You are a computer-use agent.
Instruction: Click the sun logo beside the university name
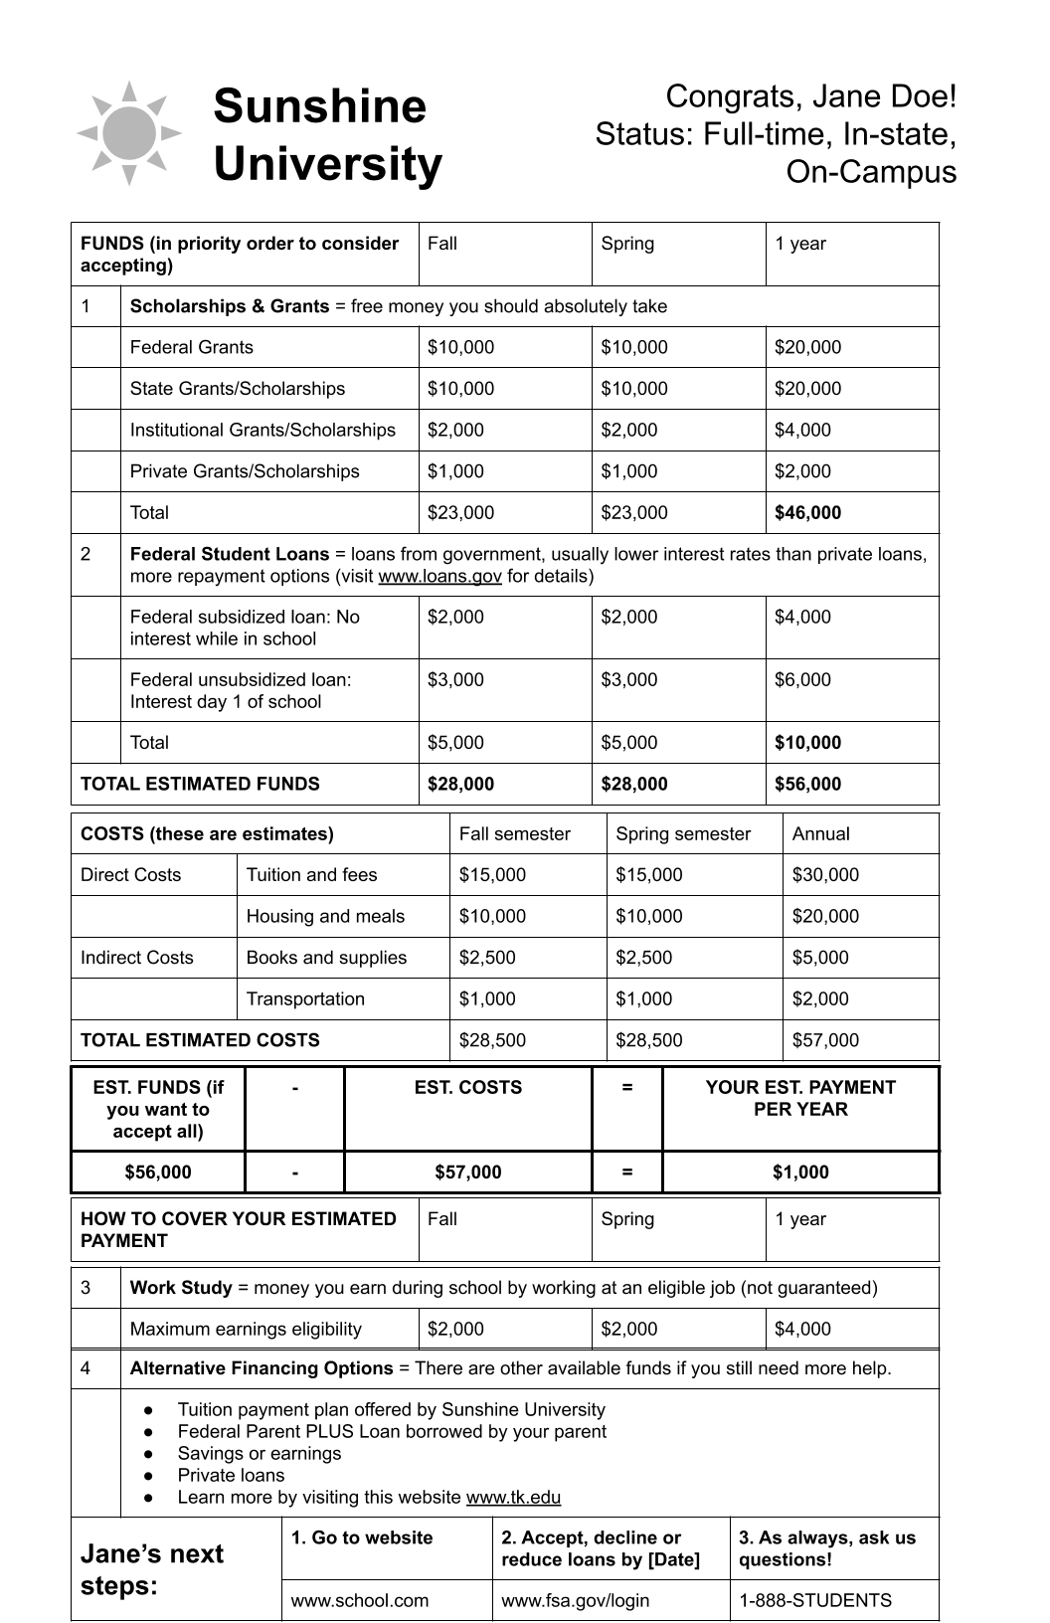pyautogui.click(x=129, y=133)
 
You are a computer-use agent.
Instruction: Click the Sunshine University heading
pyautogui.click(x=327, y=135)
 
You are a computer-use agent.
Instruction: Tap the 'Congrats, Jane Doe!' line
pyautogui.click(x=810, y=96)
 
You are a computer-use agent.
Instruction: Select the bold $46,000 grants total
pyautogui.click(x=807, y=513)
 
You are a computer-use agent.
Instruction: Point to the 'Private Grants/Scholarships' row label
pyautogui.click(x=245, y=471)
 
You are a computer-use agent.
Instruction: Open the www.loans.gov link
pyautogui.click(x=439, y=577)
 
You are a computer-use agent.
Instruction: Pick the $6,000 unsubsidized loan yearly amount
pyautogui.click(x=802, y=680)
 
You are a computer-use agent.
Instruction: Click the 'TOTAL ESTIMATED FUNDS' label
pyautogui.click(x=200, y=784)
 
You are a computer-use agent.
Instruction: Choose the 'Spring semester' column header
pyautogui.click(x=683, y=834)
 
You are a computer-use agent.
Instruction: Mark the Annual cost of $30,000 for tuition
pyautogui.click(x=825, y=875)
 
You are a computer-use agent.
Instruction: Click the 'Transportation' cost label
pyautogui.click(x=305, y=999)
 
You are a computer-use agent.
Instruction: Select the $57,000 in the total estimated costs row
pyautogui.click(x=825, y=1040)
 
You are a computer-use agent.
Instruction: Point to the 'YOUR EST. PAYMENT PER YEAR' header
pyautogui.click(x=800, y=1099)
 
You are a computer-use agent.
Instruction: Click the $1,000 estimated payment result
pyautogui.click(x=800, y=1172)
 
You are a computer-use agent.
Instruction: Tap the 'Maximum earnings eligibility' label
pyautogui.click(x=246, y=1330)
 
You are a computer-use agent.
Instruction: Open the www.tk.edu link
pyautogui.click(x=513, y=1498)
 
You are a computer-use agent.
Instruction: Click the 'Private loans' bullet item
pyautogui.click(x=231, y=1476)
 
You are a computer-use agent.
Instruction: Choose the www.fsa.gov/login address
pyautogui.click(x=575, y=1601)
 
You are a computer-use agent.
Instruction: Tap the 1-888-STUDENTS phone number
pyautogui.click(x=814, y=1601)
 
